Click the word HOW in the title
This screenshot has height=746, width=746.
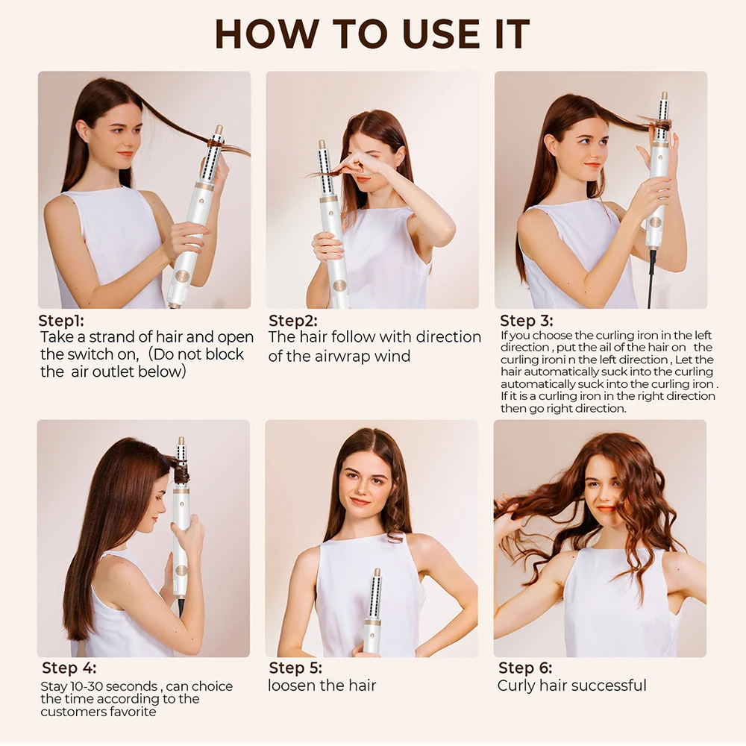point(267,34)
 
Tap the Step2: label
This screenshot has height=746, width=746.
point(293,321)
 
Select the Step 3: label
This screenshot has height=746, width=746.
point(527,321)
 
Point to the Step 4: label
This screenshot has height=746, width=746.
point(69,668)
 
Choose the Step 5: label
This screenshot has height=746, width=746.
point(295,668)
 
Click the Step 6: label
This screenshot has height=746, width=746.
point(525,668)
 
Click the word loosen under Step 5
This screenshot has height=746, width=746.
point(292,686)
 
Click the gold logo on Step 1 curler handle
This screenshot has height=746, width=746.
point(182,276)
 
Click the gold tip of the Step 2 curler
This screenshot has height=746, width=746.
point(322,143)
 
